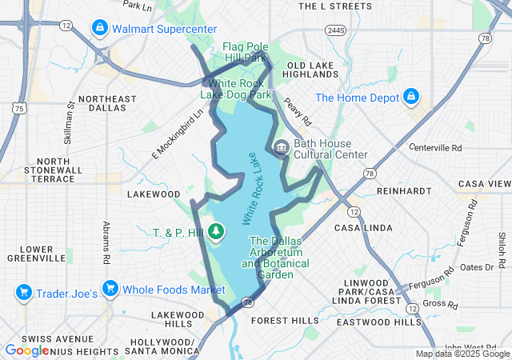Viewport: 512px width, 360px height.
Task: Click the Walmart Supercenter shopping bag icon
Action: click(99, 29)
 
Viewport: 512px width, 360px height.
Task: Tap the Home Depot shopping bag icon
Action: click(411, 97)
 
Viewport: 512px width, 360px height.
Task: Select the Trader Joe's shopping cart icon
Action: click(24, 292)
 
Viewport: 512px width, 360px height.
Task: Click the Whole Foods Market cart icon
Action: click(110, 288)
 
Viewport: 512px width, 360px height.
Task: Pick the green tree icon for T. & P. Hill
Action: click(215, 232)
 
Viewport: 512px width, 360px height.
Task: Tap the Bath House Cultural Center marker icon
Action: click(281, 148)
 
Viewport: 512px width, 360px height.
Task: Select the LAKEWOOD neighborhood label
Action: click(154, 194)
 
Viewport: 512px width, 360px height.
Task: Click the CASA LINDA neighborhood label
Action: click(361, 228)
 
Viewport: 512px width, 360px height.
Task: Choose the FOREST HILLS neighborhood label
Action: click(284, 320)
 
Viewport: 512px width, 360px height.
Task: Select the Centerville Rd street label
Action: click(435, 148)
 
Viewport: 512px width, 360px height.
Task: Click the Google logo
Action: click(27, 350)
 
